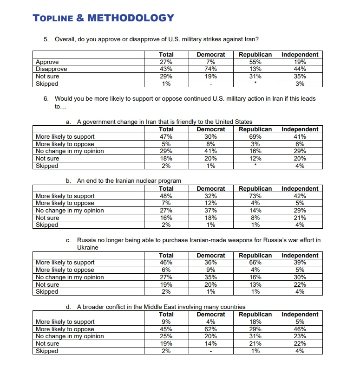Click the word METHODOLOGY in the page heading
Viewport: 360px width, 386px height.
tap(131, 18)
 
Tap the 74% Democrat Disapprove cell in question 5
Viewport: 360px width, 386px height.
tap(210, 69)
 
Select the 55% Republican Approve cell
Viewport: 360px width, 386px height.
tap(255, 62)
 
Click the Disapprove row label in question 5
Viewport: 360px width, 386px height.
tap(52, 69)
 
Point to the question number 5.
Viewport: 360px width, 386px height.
tap(46, 39)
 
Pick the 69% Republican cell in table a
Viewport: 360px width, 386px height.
tap(255, 136)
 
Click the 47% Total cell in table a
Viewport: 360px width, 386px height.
tap(166, 136)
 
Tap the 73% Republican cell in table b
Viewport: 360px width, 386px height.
tap(255, 196)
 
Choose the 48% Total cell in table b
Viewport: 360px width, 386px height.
tap(166, 196)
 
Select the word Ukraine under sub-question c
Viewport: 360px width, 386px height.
tap(88, 248)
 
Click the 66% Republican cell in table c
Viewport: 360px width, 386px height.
tap(255, 263)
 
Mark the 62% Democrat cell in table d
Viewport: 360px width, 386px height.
tap(210, 329)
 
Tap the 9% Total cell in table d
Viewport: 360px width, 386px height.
tap(166, 322)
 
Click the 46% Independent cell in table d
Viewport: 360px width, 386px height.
tap(300, 329)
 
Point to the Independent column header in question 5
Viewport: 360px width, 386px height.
tap(300, 54)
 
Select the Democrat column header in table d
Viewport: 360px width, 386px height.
tap(210, 314)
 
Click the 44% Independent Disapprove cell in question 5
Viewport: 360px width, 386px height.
tap(300, 69)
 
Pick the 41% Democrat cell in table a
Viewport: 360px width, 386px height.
tap(210, 151)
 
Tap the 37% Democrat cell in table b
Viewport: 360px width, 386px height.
tap(210, 210)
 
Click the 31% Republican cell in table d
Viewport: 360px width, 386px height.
tap(255, 336)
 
